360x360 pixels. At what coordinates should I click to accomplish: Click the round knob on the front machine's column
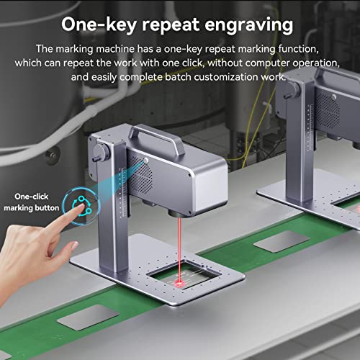100,153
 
